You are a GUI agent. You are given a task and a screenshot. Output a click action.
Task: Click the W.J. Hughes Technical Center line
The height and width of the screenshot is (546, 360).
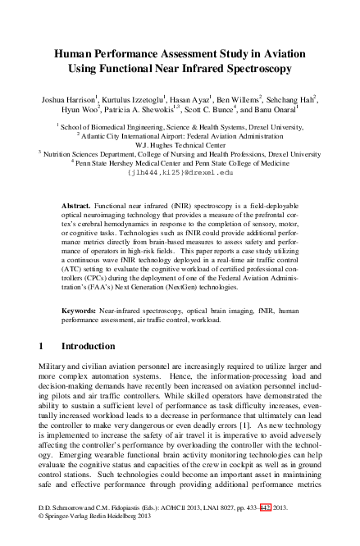tap(180, 143)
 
